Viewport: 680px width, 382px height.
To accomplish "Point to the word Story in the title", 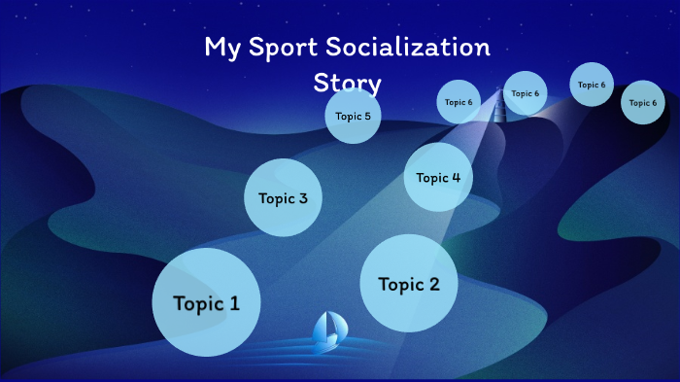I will pos(347,82).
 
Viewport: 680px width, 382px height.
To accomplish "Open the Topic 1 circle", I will pos(206,302).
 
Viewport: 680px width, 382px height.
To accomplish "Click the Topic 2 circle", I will pos(409,284).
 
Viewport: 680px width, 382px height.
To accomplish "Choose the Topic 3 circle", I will pos(283,198).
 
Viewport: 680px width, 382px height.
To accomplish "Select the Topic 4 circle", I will pos(438,177).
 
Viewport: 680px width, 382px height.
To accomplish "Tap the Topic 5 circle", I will pos(353,117).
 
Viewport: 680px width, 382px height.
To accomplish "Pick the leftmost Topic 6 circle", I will pos(459,102).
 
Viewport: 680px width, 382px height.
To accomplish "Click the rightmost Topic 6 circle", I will pos(642,102).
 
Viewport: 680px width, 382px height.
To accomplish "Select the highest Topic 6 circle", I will pos(592,85).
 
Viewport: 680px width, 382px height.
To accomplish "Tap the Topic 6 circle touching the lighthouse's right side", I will pos(526,93).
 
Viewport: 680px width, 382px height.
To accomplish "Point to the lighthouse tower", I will pos(498,105).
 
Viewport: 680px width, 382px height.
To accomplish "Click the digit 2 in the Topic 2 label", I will pos(433,285).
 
